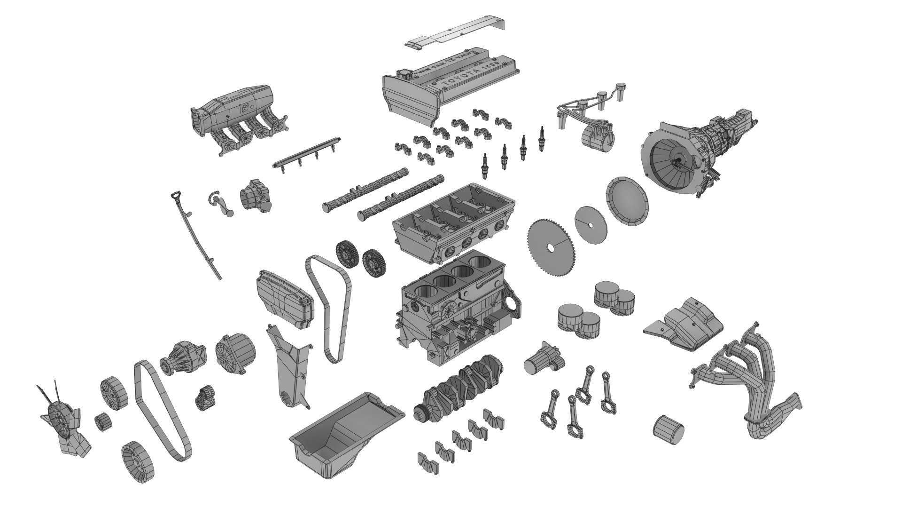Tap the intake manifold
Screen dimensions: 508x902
pyautogui.click(x=235, y=118)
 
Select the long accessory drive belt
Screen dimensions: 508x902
pyautogui.click(x=162, y=409)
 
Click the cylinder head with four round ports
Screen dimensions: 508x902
pyautogui.click(x=453, y=221)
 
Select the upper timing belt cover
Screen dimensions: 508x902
pyautogui.click(x=284, y=301)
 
